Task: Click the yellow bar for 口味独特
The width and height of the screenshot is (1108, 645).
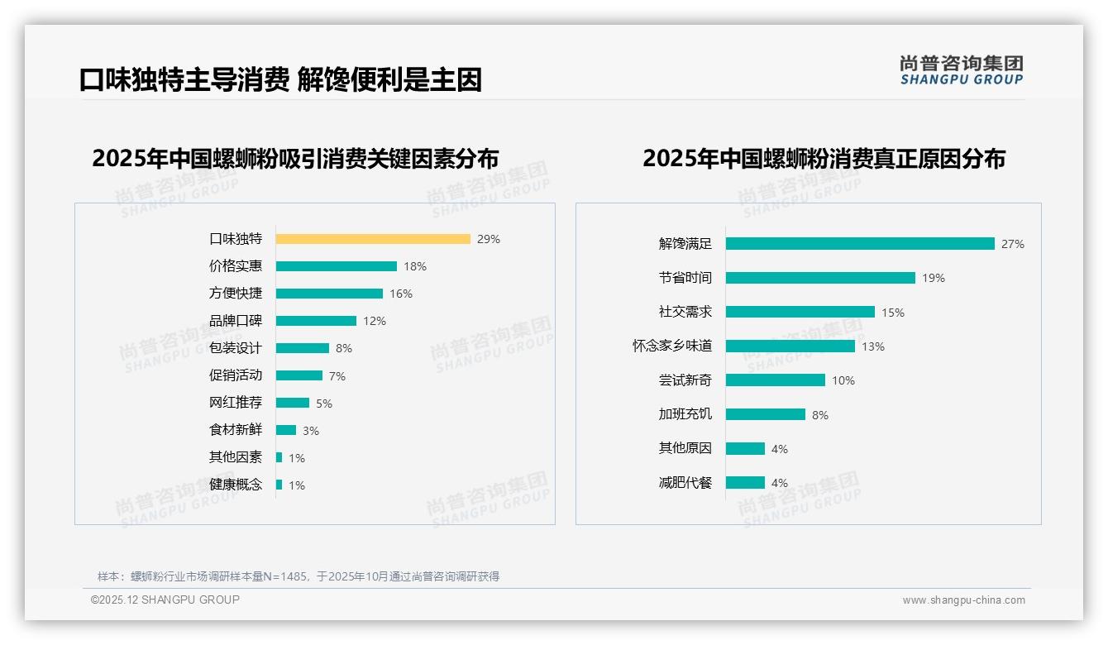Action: click(373, 239)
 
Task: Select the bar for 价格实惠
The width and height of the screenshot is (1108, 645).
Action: click(337, 266)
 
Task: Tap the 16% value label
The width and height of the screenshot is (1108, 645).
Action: click(401, 294)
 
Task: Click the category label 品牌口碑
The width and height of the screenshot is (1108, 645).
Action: click(236, 321)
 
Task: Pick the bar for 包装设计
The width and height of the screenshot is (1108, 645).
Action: click(303, 348)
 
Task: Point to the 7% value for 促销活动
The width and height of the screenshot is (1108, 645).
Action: click(337, 376)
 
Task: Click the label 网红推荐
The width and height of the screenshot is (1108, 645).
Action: click(236, 403)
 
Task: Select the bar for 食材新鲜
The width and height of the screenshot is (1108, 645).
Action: click(286, 430)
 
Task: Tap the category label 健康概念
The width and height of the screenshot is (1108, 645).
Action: click(236, 485)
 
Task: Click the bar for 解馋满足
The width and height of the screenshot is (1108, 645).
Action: click(860, 244)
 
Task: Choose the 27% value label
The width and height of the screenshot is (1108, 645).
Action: click(1013, 244)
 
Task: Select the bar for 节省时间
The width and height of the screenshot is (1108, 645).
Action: click(820, 278)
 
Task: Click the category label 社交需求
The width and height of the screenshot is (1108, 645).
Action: click(685, 312)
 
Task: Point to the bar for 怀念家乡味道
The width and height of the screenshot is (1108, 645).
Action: click(790, 346)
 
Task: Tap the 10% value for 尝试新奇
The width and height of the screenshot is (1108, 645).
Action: click(843, 380)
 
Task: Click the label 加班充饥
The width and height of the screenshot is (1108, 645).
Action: click(685, 414)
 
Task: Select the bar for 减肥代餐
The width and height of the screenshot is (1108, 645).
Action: click(746, 483)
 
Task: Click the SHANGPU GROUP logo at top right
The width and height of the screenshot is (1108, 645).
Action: click(962, 70)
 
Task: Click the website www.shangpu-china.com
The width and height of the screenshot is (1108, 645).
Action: click(963, 600)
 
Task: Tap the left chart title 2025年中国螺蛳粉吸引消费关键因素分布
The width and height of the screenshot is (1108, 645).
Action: click(295, 159)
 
